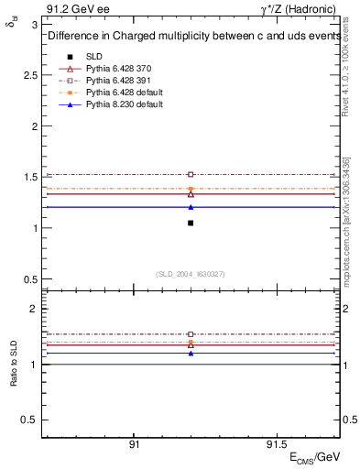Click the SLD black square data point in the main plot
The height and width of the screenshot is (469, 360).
(191, 223)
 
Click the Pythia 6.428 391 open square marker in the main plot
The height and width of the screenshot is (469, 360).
(191, 174)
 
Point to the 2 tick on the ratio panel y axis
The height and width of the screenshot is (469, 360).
(34, 310)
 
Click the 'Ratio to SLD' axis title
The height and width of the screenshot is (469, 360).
(14, 364)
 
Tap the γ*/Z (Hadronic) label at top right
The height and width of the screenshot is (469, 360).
(300, 9)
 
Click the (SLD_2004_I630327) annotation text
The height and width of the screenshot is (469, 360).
(191, 274)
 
